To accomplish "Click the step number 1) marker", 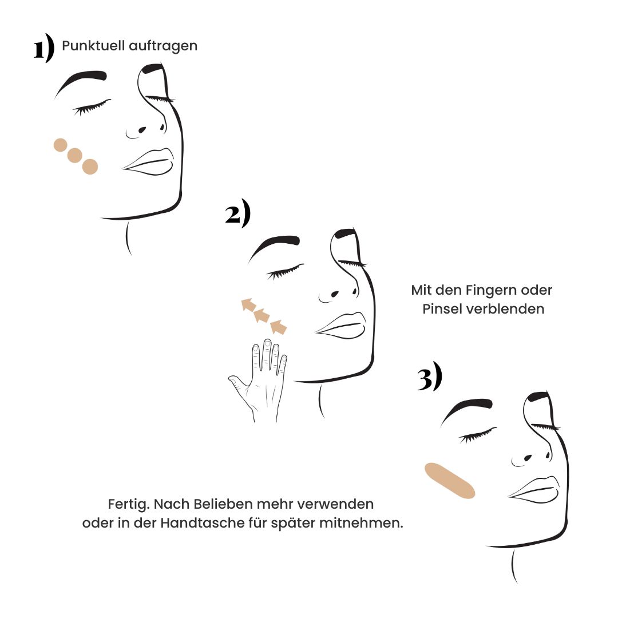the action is coord(43,47).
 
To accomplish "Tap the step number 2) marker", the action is coord(237,213).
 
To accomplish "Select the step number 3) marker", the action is coord(430,377).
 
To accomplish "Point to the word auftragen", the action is coord(163,46).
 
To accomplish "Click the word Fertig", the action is coord(129,505).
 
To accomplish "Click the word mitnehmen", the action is coord(361,523).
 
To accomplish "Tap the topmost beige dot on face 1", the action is coord(60,145).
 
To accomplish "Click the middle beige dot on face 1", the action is coord(74,155).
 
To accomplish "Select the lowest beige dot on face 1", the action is coord(90,167).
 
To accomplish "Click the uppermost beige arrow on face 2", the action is coord(248,304).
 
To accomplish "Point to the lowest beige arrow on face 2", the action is coord(278,327).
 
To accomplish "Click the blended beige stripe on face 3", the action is coord(450,481).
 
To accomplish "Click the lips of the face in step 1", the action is coord(148,161).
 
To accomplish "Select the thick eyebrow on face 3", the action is coord(466,409).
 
